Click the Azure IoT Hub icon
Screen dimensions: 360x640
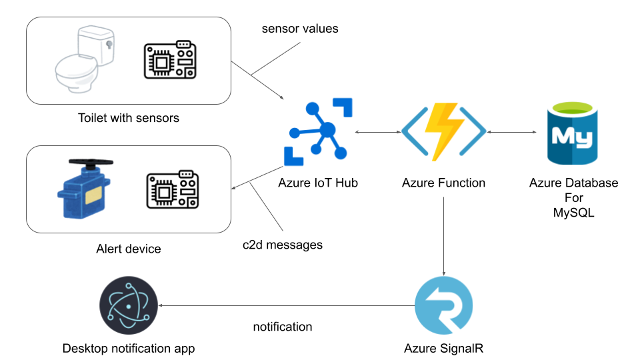pos(318,131)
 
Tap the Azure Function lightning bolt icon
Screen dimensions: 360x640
pos(443,132)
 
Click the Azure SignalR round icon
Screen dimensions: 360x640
pos(443,305)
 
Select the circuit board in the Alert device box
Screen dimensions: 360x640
pos(172,190)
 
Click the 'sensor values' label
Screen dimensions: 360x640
pos(300,29)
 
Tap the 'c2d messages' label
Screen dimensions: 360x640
pos(282,245)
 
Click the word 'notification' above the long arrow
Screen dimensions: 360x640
pos(283,327)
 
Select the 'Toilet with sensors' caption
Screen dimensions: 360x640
pos(129,119)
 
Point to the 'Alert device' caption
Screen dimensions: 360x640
pos(129,249)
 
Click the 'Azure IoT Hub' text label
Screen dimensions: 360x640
pos(319,183)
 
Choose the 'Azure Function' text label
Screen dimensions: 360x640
pos(443,183)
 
